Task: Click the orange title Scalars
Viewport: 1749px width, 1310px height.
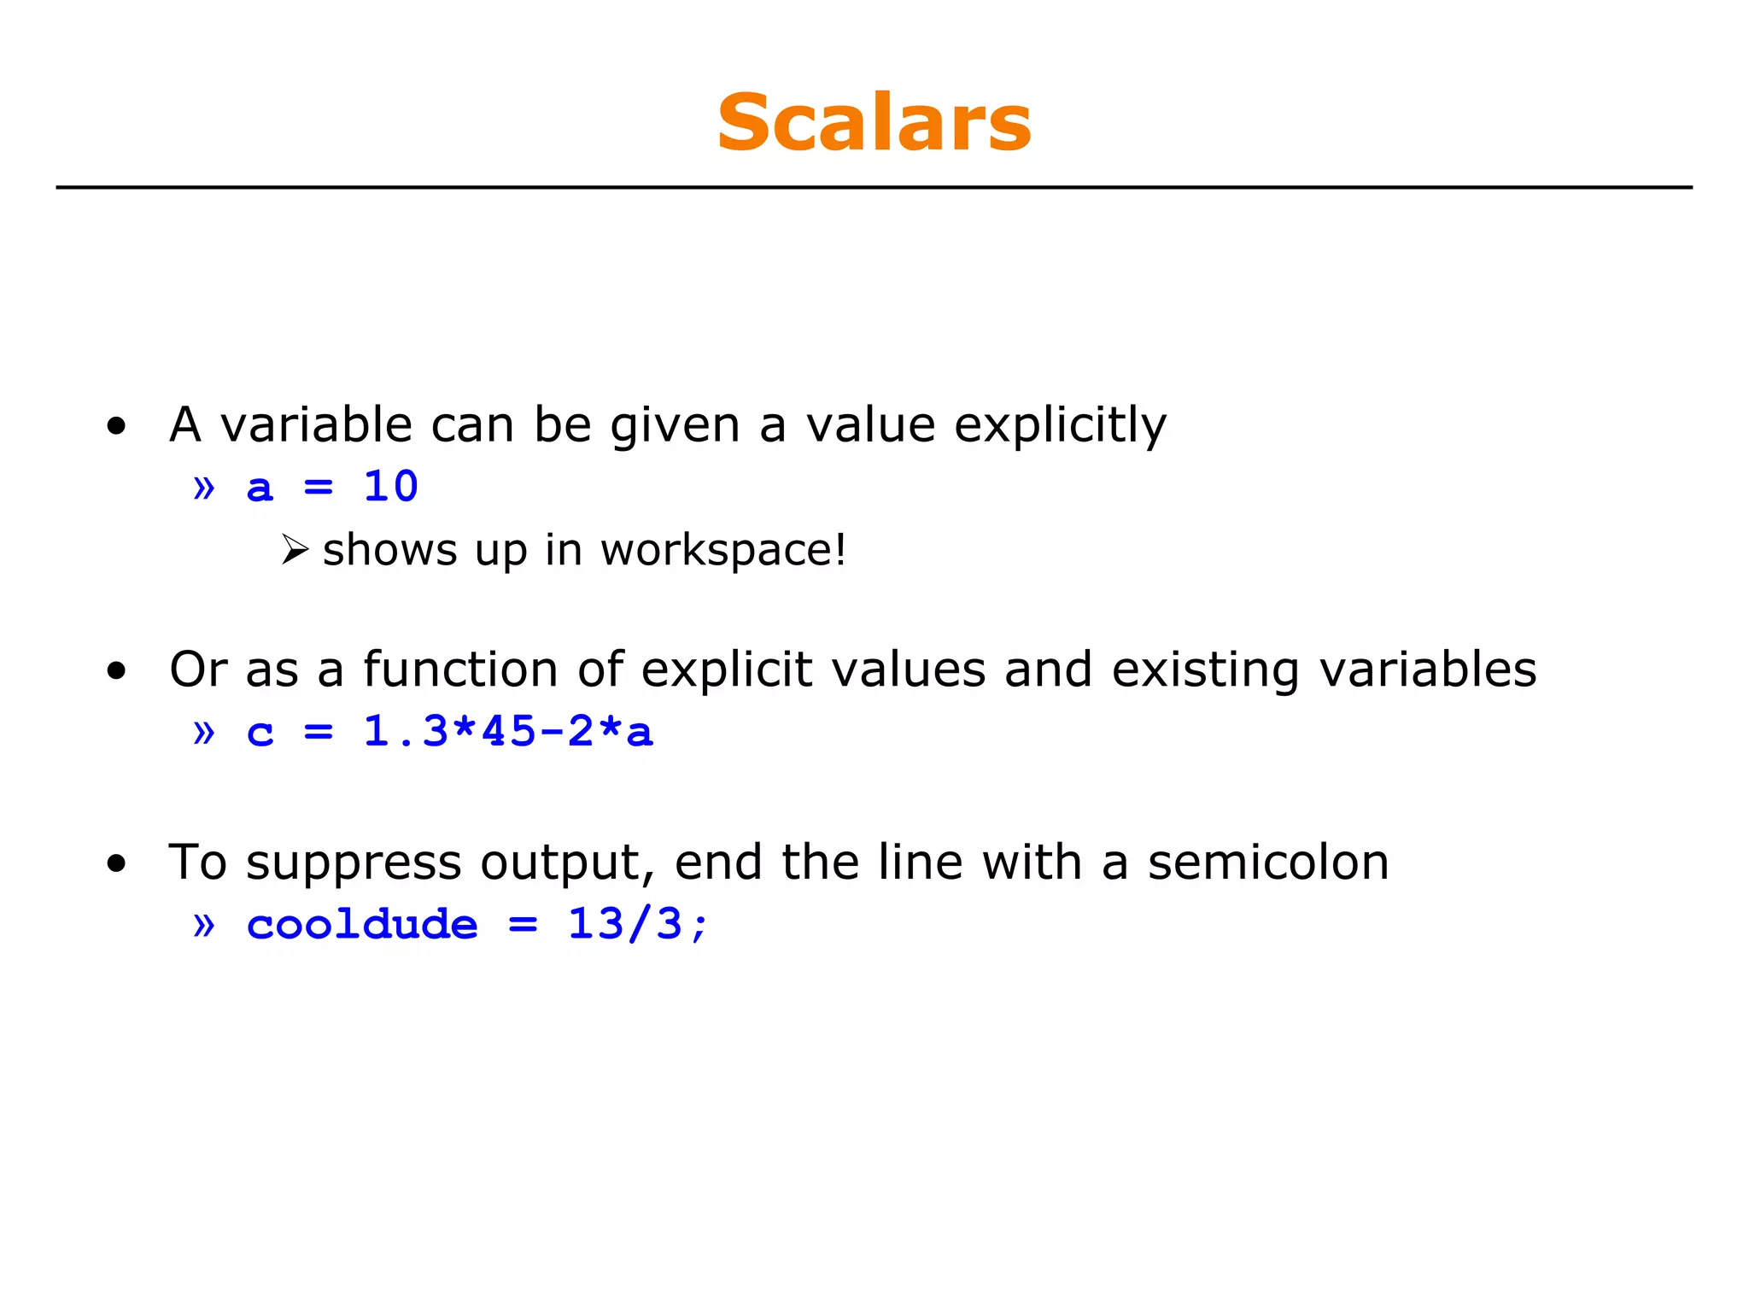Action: coord(874,123)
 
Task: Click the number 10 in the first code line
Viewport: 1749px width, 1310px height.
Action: coord(390,487)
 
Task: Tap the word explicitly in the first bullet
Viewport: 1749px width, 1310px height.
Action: coord(1059,424)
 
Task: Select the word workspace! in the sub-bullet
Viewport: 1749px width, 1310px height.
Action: coord(722,549)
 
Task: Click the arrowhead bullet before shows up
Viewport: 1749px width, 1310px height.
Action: coord(295,549)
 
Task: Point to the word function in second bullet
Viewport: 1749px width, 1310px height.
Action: coord(460,669)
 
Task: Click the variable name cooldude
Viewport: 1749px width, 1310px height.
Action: coord(362,925)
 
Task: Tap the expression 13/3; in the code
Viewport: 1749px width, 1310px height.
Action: coord(638,925)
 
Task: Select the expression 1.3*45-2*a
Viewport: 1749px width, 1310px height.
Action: coord(508,732)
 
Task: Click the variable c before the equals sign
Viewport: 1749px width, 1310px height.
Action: coord(260,733)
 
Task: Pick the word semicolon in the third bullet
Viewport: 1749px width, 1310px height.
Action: coord(1267,862)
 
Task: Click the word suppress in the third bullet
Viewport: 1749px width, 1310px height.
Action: coord(354,863)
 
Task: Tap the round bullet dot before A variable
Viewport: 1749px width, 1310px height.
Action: coord(117,425)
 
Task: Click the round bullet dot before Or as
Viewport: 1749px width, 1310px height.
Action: coord(117,670)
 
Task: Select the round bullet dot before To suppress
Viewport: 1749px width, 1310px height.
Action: coord(117,863)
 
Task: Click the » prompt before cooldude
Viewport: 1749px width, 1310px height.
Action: coord(204,925)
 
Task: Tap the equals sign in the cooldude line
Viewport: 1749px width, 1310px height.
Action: coord(523,925)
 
